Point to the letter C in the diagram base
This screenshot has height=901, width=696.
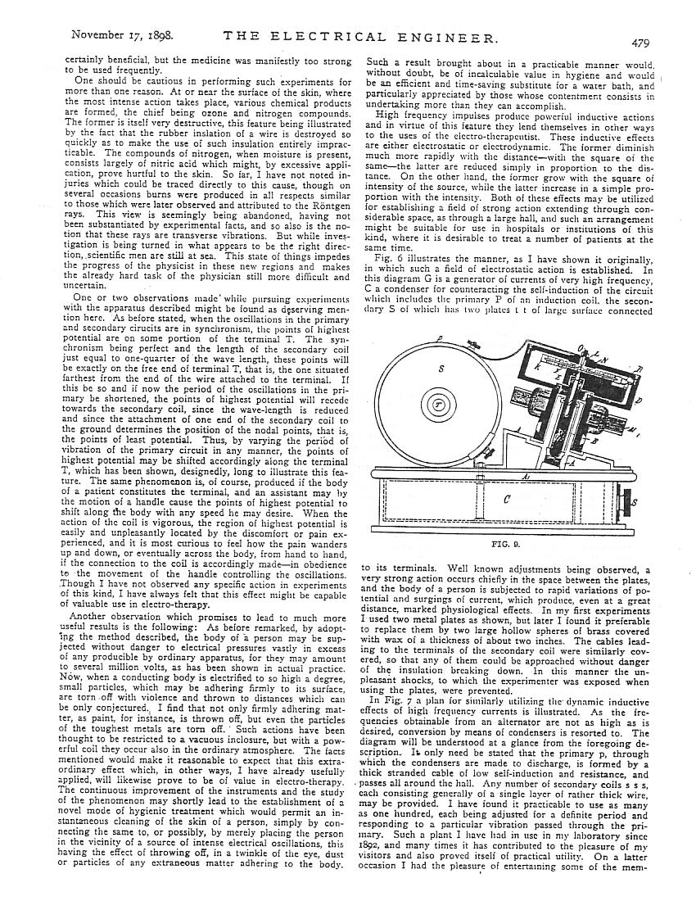pos(507,496)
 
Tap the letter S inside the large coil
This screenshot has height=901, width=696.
pos(441,369)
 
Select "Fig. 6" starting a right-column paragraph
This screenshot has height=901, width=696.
pos(379,257)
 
